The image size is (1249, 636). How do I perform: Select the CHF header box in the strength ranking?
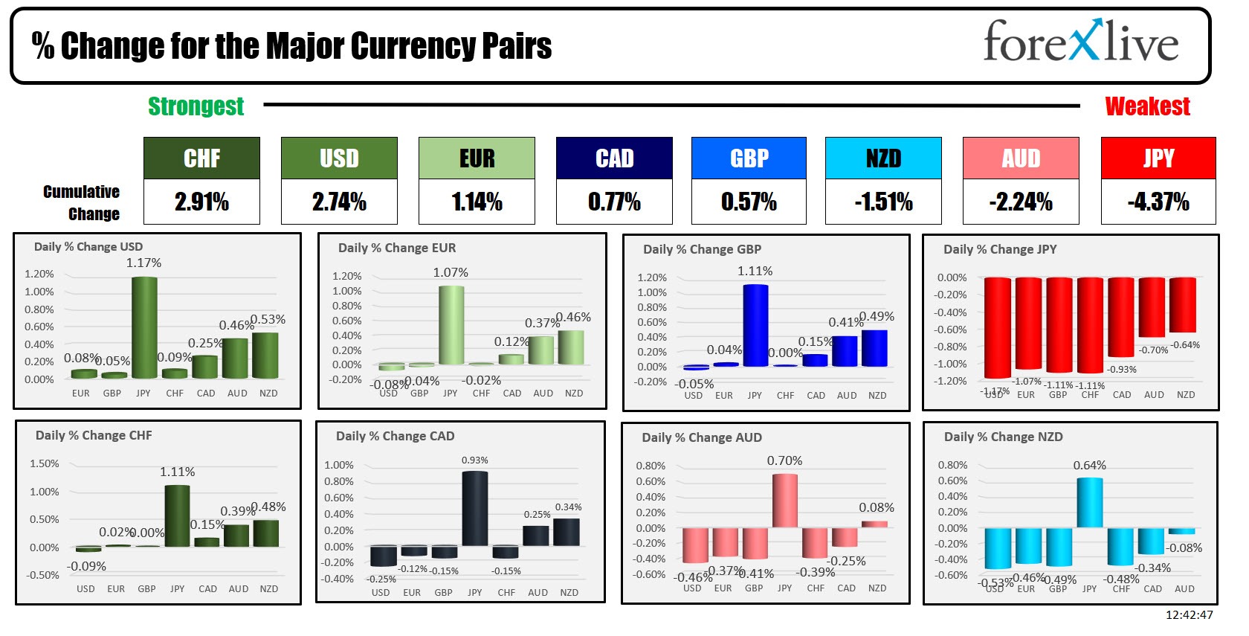pos(201,158)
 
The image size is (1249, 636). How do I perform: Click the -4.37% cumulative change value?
pos(1158,202)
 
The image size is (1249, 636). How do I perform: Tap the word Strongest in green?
pos(196,106)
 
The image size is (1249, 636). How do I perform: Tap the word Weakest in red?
pos(1147,106)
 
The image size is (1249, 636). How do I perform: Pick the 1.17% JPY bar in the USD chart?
pos(144,327)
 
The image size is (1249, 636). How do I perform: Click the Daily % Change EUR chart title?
pos(397,248)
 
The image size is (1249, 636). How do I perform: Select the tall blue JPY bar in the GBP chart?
pos(755,325)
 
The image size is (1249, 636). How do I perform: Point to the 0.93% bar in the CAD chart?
pos(475,509)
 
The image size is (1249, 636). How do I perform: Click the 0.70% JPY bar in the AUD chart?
pos(785,501)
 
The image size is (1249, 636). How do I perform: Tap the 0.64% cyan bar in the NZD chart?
pos(1090,503)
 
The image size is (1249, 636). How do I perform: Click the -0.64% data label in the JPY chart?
pos(1185,345)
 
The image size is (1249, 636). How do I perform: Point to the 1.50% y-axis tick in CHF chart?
pos(44,463)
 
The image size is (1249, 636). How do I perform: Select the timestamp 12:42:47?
pos(1189,614)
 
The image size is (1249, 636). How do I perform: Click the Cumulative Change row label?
pos(82,202)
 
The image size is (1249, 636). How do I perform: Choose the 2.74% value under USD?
pos(339,202)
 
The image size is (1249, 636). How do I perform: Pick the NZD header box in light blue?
pos(883,158)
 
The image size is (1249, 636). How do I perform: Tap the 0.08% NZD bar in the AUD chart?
pos(875,524)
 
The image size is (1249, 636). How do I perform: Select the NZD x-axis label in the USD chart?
pos(268,393)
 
